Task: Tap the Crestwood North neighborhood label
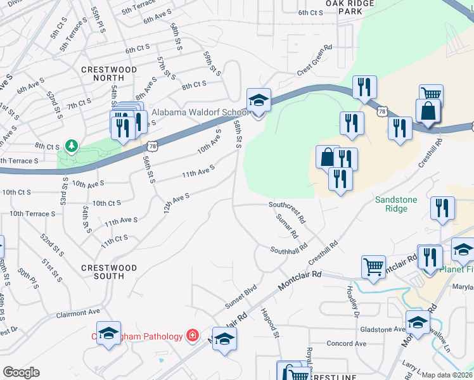tap(109, 74)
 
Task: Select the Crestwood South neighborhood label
tap(109, 272)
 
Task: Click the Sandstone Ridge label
tap(396, 204)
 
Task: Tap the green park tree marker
tap(70, 146)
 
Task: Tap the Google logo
tap(21, 372)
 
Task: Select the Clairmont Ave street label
tap(77, 313)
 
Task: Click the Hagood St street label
tap(269, 323)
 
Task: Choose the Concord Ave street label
tap(346, 344)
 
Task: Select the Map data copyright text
tap(447, 375)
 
